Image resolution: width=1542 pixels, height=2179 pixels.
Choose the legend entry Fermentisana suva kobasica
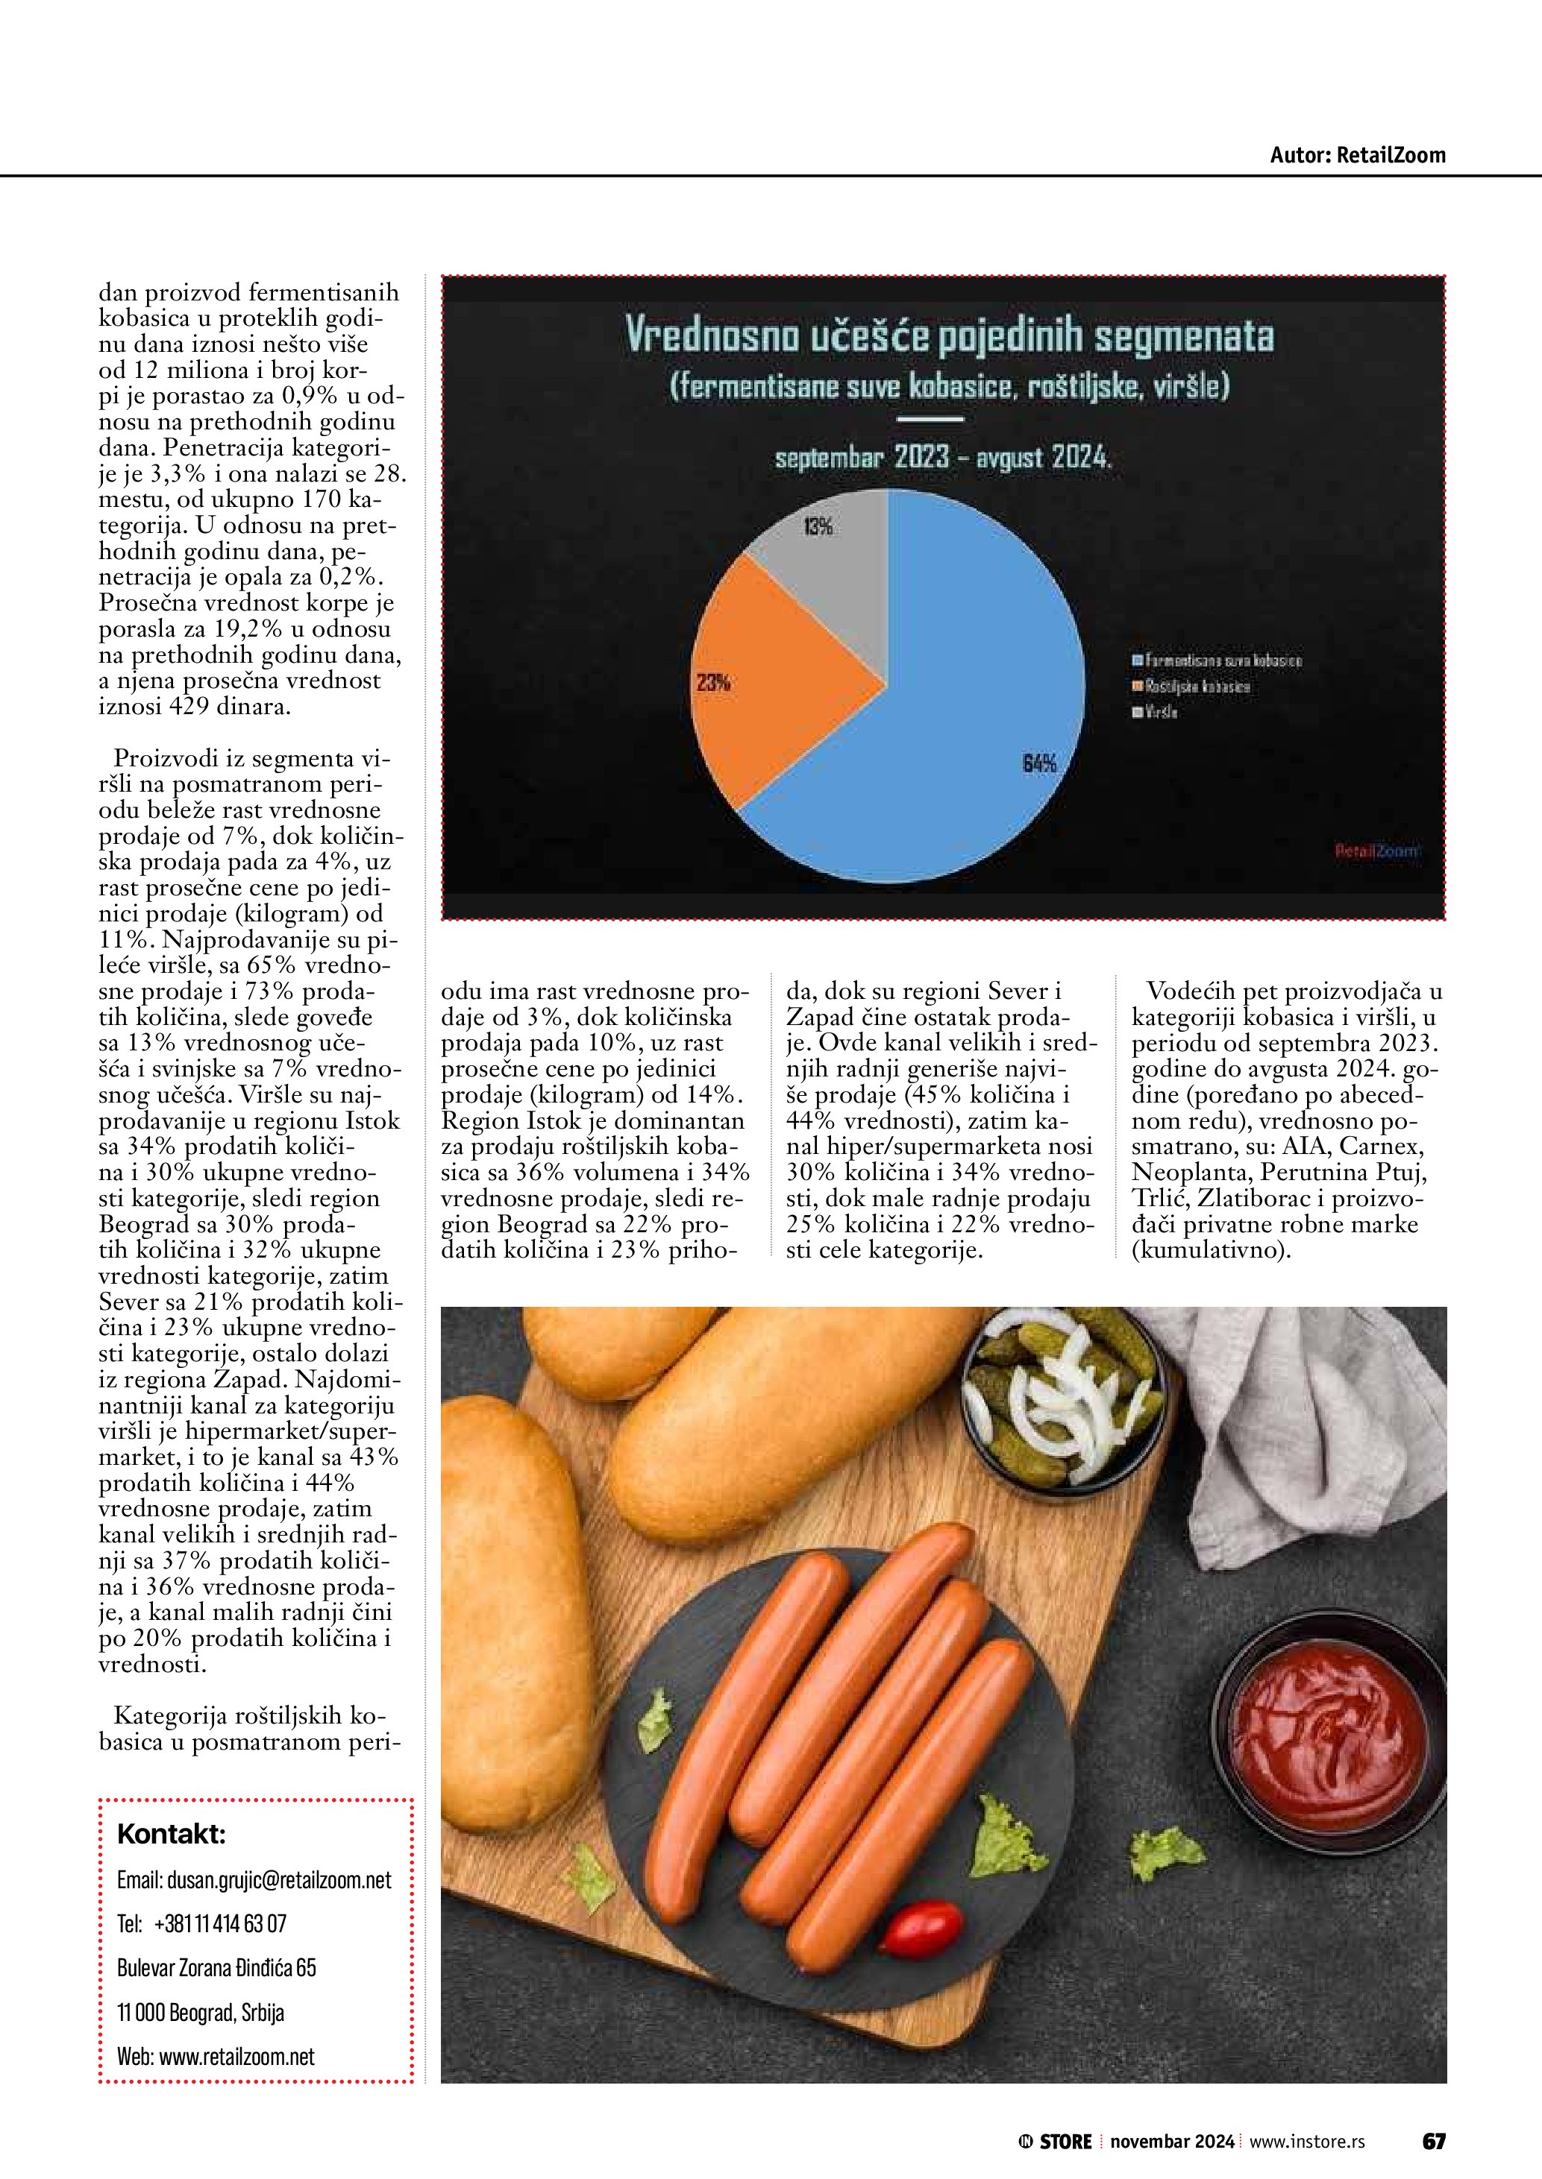click(x=1215, y=660)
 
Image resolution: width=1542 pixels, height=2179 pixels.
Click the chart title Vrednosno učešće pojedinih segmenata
click(x=949, y=337)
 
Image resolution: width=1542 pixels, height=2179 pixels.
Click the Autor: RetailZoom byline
click(x=1357, y=155)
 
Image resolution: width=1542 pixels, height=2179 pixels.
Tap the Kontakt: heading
click(x=171, y=1834)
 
